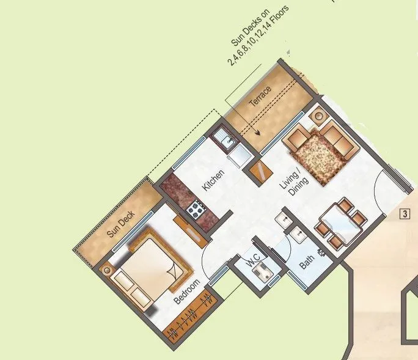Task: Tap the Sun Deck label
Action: click(x=120, y=224)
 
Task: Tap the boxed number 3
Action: click(x=405, y=214)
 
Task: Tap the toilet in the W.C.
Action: click(x=263, y=273)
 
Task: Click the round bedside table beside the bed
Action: click(x=108, y=270)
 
